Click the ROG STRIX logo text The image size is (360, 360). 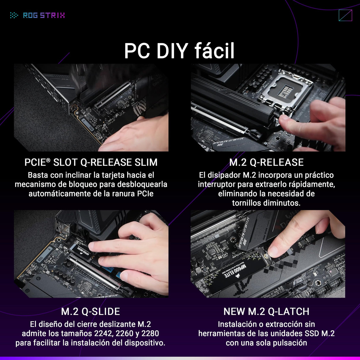point(44,15)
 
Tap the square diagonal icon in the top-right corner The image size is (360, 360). point(345,15)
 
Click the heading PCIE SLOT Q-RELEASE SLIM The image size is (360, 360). point(91,162)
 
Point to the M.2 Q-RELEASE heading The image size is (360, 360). point(266,162)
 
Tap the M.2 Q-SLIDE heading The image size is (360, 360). point(90,311)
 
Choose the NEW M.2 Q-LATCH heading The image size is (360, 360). point(266,311)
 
